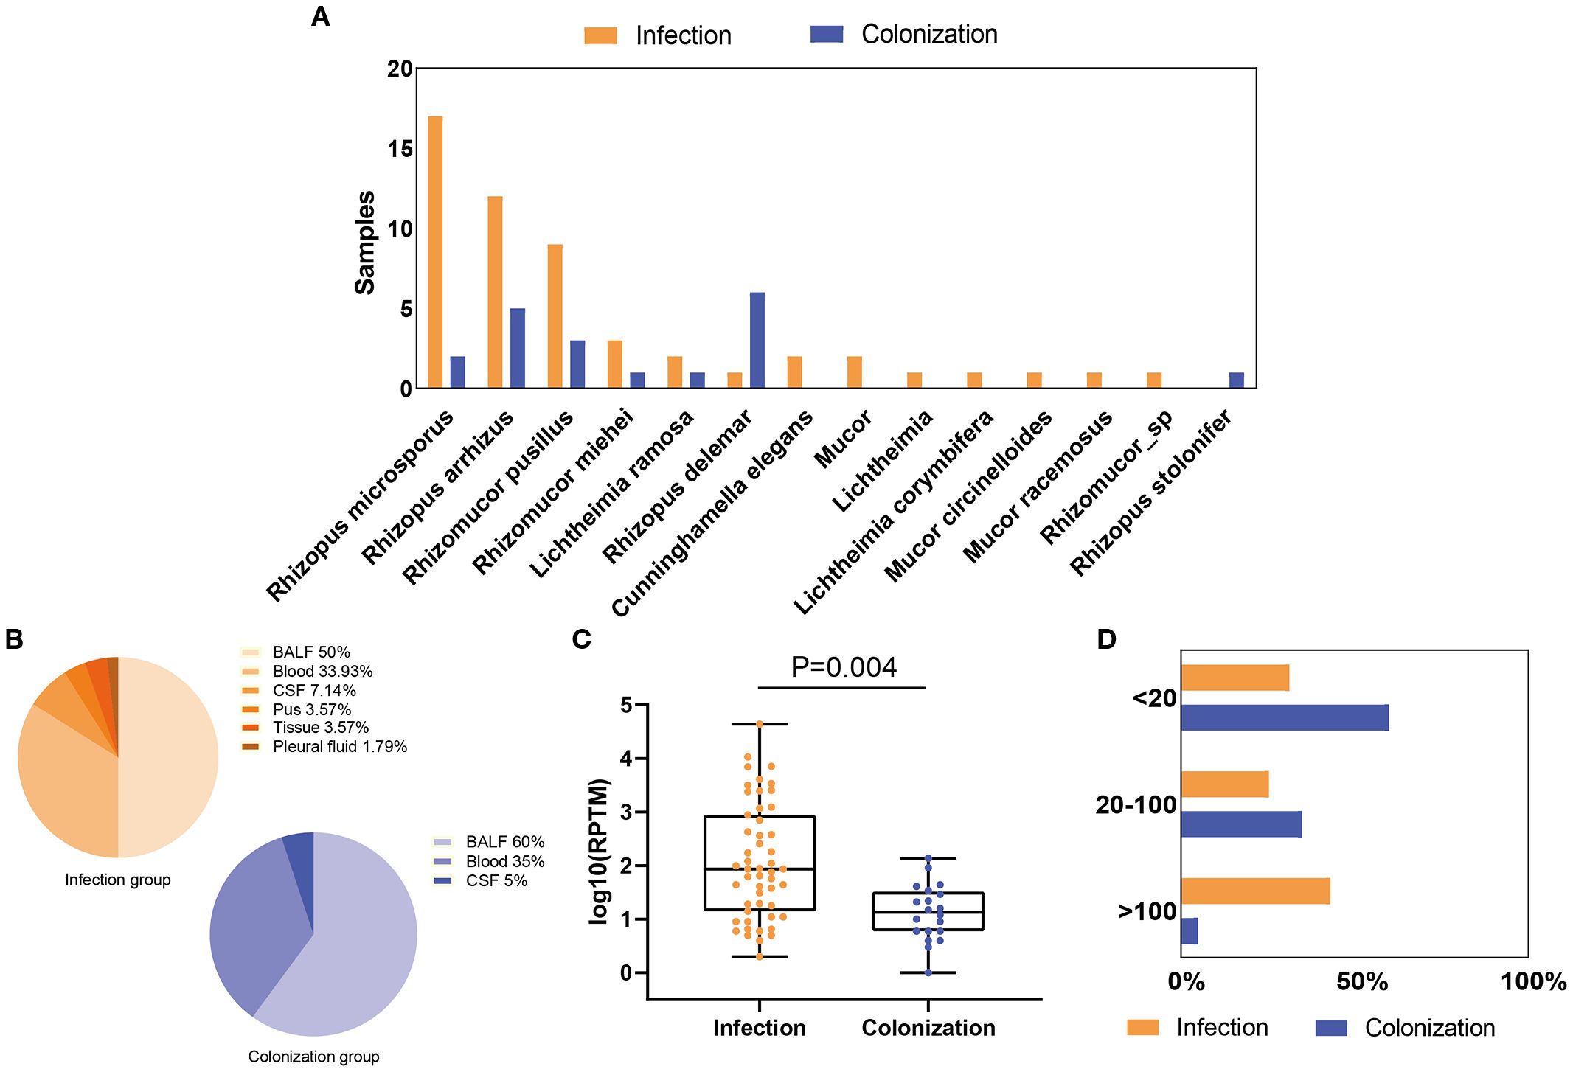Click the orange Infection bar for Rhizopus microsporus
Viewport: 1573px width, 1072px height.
[435, 252]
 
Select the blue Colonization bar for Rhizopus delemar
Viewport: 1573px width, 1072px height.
[757, 340]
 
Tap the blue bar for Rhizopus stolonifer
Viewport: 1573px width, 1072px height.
[1236, 380]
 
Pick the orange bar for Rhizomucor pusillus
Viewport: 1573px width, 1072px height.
[555, 316]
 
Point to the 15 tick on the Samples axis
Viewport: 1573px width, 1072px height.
[400, 149]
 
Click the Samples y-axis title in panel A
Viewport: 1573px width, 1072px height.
[365, 243]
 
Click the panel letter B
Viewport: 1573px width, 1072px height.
[14, 639]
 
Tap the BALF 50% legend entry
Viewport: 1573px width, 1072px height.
[310, 652]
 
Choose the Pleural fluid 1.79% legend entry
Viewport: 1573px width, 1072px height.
[339, 746]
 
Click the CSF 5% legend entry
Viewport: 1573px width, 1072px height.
[496, 880]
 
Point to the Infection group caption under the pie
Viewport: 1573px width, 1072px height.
[117, 880]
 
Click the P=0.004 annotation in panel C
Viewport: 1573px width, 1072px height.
[843, 667]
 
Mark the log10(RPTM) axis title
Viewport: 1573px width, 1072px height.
[600, 851]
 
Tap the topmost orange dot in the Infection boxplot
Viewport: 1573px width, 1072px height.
[760, 724]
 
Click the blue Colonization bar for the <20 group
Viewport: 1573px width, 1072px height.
[1284, 717]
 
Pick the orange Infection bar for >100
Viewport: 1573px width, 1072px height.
[1254, 891]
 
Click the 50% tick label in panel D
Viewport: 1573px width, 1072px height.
[1361, 981]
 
